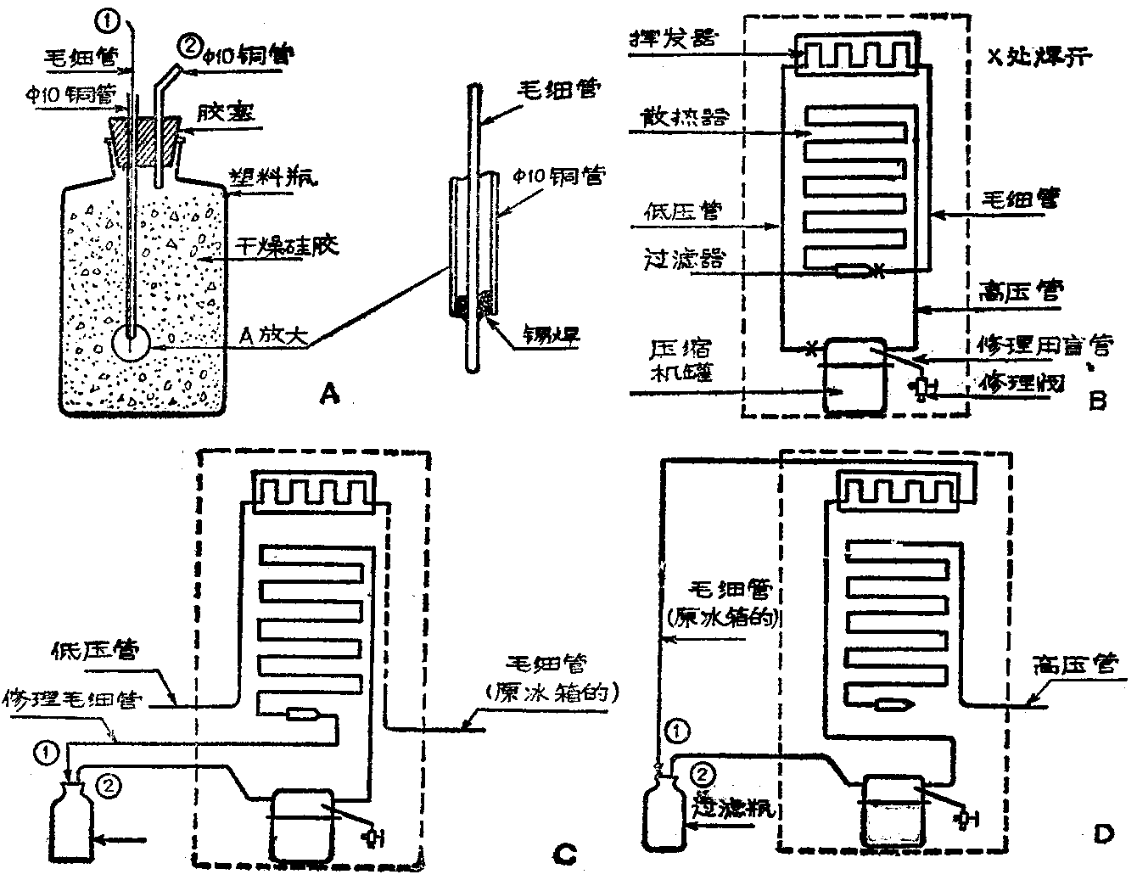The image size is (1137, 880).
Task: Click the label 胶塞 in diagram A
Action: (x=224, y=111)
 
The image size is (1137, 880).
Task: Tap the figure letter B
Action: (x=1097, y=400)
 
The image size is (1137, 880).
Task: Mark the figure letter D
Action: (x=1103, y=835)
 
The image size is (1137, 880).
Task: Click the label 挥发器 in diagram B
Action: (x=673, y=37)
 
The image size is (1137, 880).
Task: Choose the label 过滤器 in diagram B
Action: (x=685, y=260)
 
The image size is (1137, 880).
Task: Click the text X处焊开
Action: (x=1041, y=57)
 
